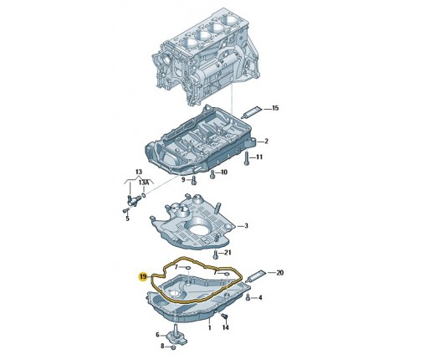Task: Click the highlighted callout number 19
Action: [x=143, y=277]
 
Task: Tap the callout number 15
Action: [x=275, y=108]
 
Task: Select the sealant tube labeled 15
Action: [x=252, y=112]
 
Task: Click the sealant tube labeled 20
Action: [x=256, y=275]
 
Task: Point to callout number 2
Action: [x=266, y=141]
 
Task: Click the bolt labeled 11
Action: [x=246, y=158]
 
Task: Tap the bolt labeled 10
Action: [x=212, y=174]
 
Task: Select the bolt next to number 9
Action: [x=194, y=180]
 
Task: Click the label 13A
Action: [x=143, y=183]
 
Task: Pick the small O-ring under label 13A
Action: [x=144, y=194]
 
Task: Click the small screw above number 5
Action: [x=125, y=210]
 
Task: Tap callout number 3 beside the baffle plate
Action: [x=246, y=226]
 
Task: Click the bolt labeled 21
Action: [x=215, y=255]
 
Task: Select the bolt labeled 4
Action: [x=248, y=298]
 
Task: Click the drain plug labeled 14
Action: [x=225, y=316]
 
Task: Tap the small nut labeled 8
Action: [x=173, y=347]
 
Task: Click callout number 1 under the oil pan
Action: [x=209, y=328]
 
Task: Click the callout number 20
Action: [x=279, y=273]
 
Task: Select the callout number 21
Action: [x=228, y=253]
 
